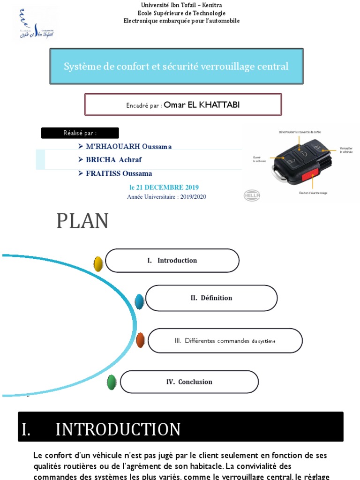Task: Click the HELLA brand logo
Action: [251, 195]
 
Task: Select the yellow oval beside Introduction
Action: [98, 264]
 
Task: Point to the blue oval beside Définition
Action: [139, 301]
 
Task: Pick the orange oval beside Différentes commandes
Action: [140, 340]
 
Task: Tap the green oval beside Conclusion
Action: [112, 382]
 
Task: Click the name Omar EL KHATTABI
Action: [202, 105]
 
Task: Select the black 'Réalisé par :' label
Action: [80, 133]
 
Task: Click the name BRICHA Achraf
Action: [114, 160]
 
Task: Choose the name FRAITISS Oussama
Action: [119, 173]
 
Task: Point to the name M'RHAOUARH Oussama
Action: [129, 146]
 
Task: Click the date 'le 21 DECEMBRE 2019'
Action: [164, 187]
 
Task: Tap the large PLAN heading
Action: [82, 221]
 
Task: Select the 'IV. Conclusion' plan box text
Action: [189, 382]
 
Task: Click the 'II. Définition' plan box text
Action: [211, 298]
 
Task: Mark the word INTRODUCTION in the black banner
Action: [118, 429]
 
